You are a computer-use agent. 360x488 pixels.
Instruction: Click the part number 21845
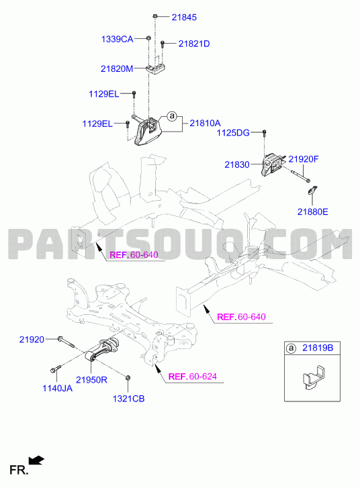click(184, 17)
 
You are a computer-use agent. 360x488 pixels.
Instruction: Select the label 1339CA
click(117, 39)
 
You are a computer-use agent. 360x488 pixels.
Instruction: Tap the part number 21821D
click(194, 44)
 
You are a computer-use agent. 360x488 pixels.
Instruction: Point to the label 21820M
click(117, 68)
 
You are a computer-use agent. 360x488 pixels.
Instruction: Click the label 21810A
click(206, 124)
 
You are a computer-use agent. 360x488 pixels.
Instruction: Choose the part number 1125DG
click(233, 133)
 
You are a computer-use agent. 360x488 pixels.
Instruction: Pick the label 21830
click(237, 164)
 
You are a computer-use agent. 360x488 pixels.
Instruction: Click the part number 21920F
click(304, 159)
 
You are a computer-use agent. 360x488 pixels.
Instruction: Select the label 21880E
click(313, 212)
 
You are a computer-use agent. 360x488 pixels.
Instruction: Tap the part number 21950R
click(91, 380)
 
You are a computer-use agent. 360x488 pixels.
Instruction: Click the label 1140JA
click(57, 388)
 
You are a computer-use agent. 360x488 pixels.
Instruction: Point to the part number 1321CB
click(128, 399)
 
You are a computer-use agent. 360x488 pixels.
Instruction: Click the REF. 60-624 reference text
click(193, 377)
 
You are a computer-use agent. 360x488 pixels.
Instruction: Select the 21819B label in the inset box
click(318, 348)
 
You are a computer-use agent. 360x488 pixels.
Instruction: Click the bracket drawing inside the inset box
click(314, 377)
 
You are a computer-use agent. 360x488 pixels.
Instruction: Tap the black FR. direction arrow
click(36, 460)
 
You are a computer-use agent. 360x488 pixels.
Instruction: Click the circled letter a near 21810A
click(171, 116)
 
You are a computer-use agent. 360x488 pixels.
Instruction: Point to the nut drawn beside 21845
click(154, 16)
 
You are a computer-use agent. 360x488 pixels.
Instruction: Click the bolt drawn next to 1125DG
click(264, 133)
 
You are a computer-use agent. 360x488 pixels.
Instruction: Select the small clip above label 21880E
click(313, 190)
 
